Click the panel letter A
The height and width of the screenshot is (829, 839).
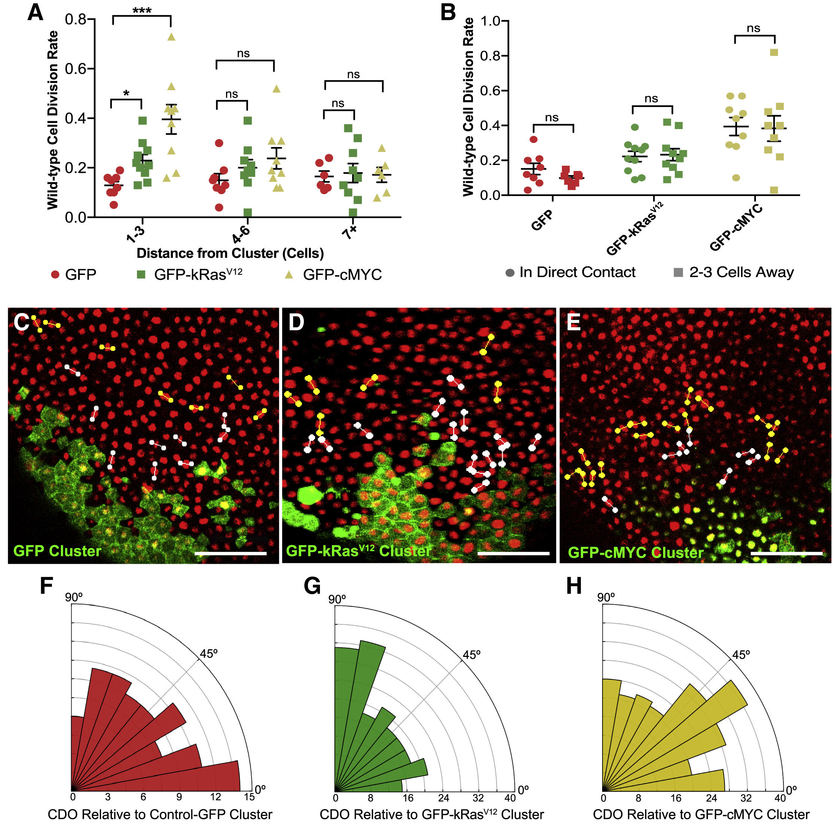35,12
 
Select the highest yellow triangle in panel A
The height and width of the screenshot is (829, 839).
171,37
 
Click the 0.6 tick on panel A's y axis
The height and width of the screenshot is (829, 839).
76,68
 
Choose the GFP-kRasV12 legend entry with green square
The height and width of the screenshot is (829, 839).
189,274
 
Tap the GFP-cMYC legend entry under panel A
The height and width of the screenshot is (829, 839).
333,275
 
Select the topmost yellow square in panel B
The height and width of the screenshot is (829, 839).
774,52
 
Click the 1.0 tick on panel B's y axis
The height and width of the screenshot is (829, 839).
490,21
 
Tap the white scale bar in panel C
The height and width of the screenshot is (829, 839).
231,553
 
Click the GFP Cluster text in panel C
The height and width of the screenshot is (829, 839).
57,551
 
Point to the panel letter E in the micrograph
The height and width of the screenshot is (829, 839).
574,323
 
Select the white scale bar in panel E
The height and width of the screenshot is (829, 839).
786,553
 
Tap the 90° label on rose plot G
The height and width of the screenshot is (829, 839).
337,599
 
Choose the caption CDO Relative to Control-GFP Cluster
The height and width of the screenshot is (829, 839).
160,815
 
